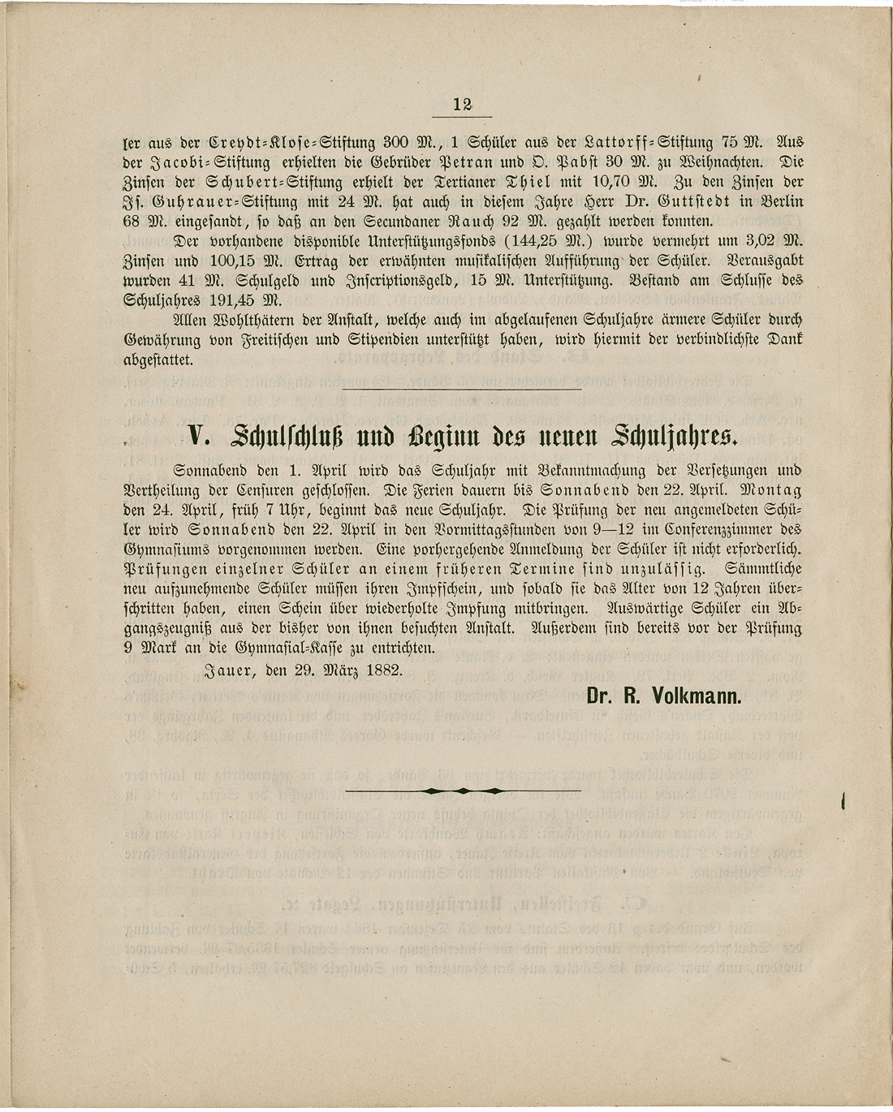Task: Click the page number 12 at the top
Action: pos(463,104)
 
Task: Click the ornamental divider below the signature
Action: pos(463,790)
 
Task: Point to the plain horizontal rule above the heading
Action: pos(468,390)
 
